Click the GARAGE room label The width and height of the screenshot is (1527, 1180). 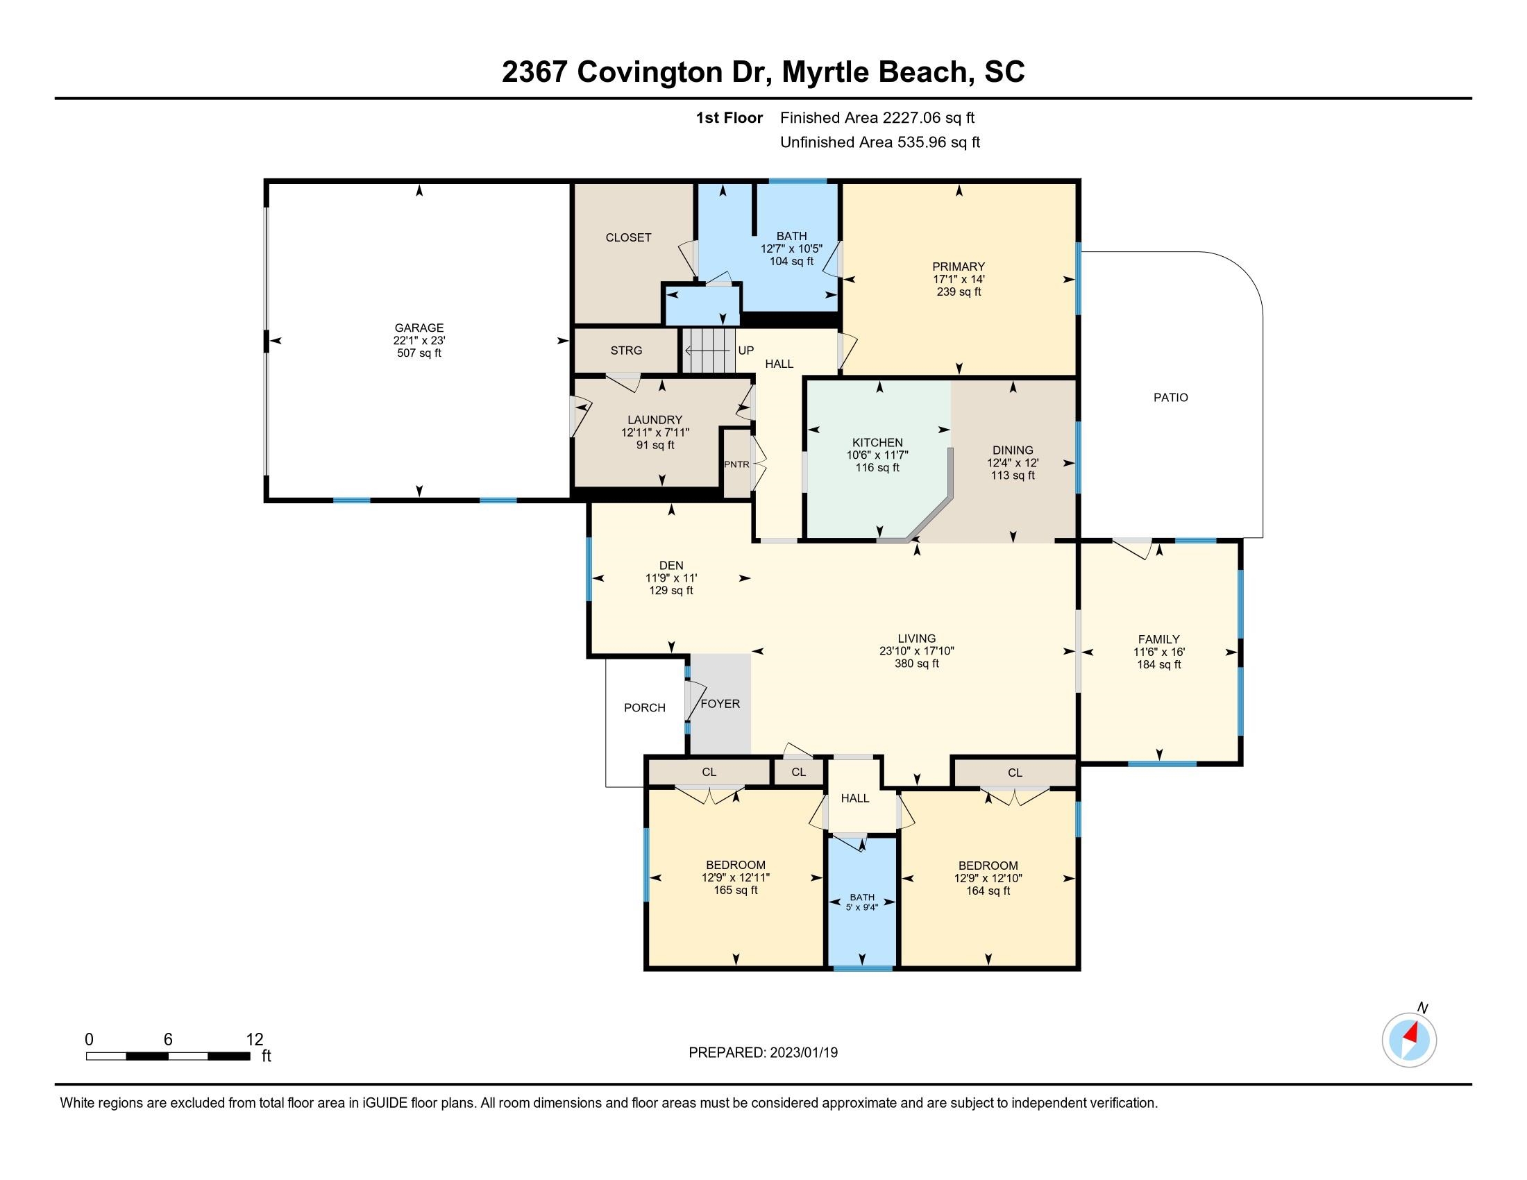[419, 328]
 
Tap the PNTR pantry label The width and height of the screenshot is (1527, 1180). [736, 464]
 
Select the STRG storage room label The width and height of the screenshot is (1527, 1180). [626, 351]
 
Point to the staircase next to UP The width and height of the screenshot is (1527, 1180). [708, 351]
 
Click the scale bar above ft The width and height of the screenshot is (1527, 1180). [168, 1056]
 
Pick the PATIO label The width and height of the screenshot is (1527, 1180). [1170, 397]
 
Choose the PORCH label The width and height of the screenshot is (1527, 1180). [645, 707]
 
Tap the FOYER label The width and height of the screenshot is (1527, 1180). [720, 704]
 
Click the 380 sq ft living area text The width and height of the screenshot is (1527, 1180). [917, 664]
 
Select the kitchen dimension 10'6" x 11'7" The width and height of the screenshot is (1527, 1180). [877, 455]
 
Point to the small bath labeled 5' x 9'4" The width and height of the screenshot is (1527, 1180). [862, 902]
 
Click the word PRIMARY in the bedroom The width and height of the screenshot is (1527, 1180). [959, 267]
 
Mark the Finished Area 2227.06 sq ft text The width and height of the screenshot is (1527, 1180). [877, 117]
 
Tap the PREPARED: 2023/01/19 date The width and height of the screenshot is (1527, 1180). [763, 1052]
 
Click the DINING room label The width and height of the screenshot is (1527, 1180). [1013, 450]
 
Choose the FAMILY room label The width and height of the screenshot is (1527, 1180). [1158, 639]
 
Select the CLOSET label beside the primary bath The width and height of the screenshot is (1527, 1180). [629, 237]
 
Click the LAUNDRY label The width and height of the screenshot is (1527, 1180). [655, 420]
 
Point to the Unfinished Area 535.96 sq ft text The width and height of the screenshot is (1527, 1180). [879, 142]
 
